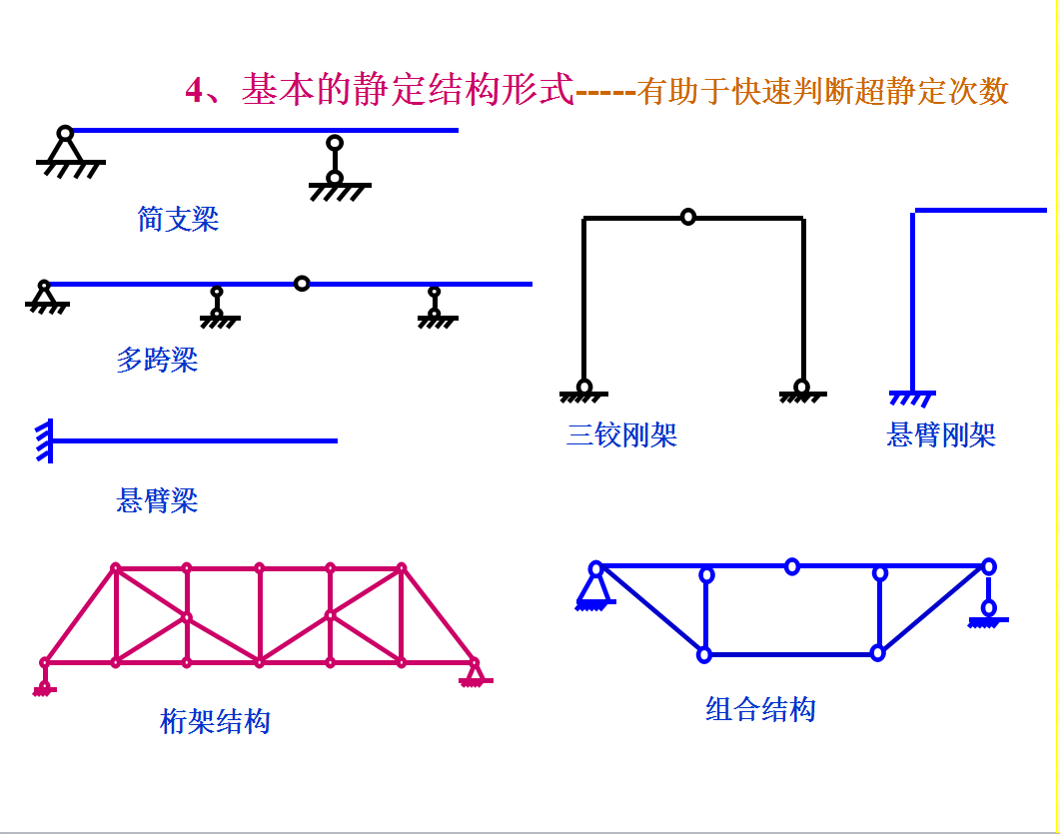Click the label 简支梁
point(178,219)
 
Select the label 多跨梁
point(157,360)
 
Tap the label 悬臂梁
point(157,500)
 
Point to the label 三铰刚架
point(621,435)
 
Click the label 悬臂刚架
point(941,435)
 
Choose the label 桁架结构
point(215,720)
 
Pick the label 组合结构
point(760,710)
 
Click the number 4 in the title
point(195,91)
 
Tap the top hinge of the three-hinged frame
point(687,217)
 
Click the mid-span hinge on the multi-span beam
point(302,284)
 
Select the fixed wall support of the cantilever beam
point(45,440)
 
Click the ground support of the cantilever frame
point(912,398)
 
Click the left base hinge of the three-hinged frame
point(584,390)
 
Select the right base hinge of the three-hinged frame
point(801,390)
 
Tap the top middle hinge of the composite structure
point(792,566)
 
